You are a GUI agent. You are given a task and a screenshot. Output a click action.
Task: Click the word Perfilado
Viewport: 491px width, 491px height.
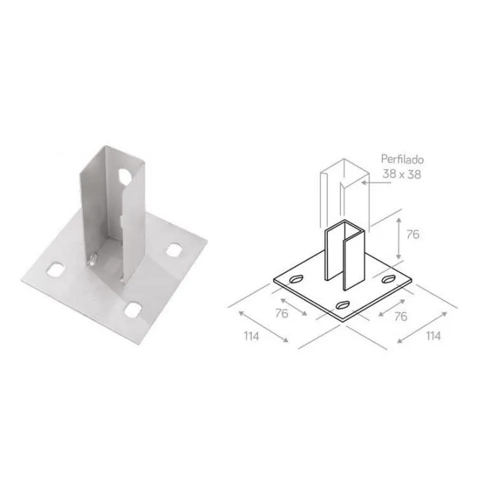click(402, 159)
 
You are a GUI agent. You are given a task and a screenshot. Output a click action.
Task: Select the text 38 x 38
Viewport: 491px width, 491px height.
click(402, 174)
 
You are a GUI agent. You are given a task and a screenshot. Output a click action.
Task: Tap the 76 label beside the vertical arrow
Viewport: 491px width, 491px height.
click(412, 234)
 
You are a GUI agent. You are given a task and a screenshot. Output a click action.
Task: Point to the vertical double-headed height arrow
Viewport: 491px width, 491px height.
click(398, 238)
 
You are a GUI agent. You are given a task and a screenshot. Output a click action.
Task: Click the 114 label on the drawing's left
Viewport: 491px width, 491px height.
click(252, 336)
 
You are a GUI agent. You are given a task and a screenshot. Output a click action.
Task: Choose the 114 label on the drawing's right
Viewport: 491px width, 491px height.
click(433, 336)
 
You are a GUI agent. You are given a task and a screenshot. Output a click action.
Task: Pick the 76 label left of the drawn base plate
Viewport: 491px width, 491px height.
click(281, 313)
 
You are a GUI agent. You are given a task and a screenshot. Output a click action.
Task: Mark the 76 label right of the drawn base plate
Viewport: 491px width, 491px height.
click(401, 316)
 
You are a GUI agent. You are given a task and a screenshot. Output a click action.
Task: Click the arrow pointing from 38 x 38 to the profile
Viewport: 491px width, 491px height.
click(376, 182)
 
